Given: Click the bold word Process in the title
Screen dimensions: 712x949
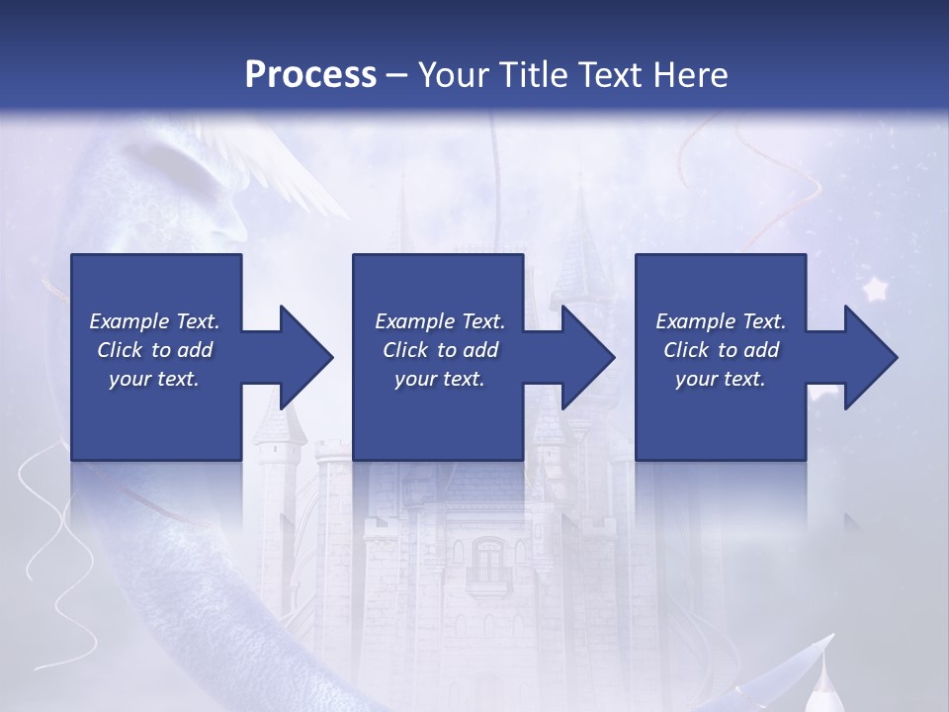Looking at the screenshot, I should (310, 75).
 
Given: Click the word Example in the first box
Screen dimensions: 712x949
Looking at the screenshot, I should (129, 321).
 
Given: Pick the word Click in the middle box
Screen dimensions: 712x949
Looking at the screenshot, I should (405, 350).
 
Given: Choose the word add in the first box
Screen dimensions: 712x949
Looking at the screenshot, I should (196, 350).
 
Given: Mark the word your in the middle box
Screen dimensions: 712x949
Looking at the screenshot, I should (414, 379).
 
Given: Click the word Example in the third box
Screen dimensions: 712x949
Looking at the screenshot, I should (695, 321).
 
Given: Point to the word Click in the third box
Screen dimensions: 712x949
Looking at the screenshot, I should (686, 350).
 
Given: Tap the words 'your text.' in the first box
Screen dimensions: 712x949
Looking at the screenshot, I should (154, 379).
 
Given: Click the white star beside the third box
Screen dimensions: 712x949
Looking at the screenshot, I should (875, 290).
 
